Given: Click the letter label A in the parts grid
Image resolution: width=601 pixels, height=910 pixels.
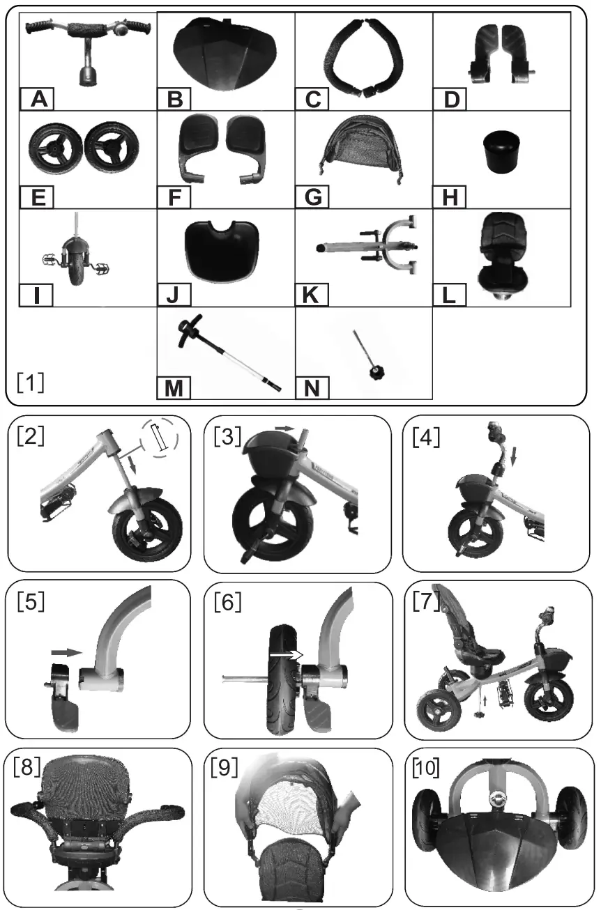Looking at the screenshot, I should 39,100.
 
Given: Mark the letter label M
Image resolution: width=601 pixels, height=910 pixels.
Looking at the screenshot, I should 173,388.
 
